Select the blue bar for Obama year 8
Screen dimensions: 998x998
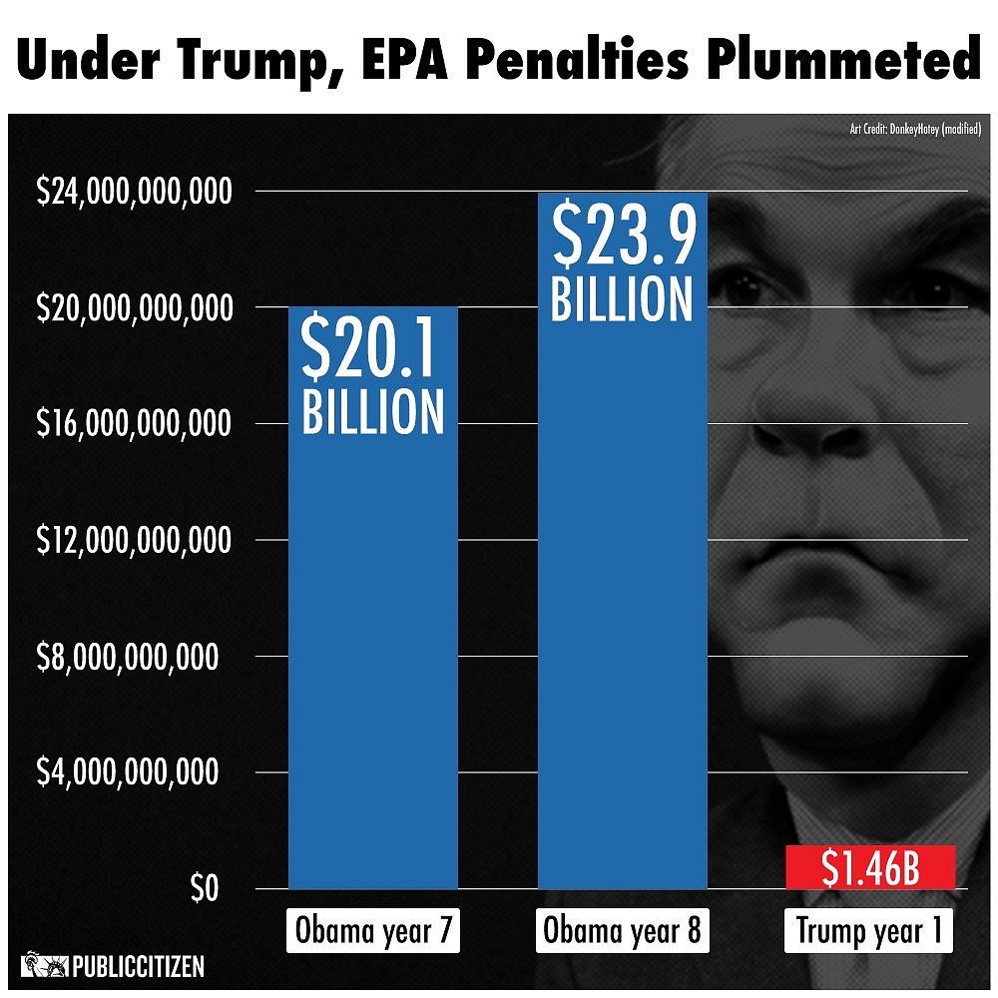[622, 599]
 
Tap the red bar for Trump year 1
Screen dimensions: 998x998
[870, 867]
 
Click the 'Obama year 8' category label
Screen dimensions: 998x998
[623, 932]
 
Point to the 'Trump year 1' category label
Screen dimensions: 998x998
[869, 932]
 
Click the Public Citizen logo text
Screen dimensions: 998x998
[138, 966]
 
